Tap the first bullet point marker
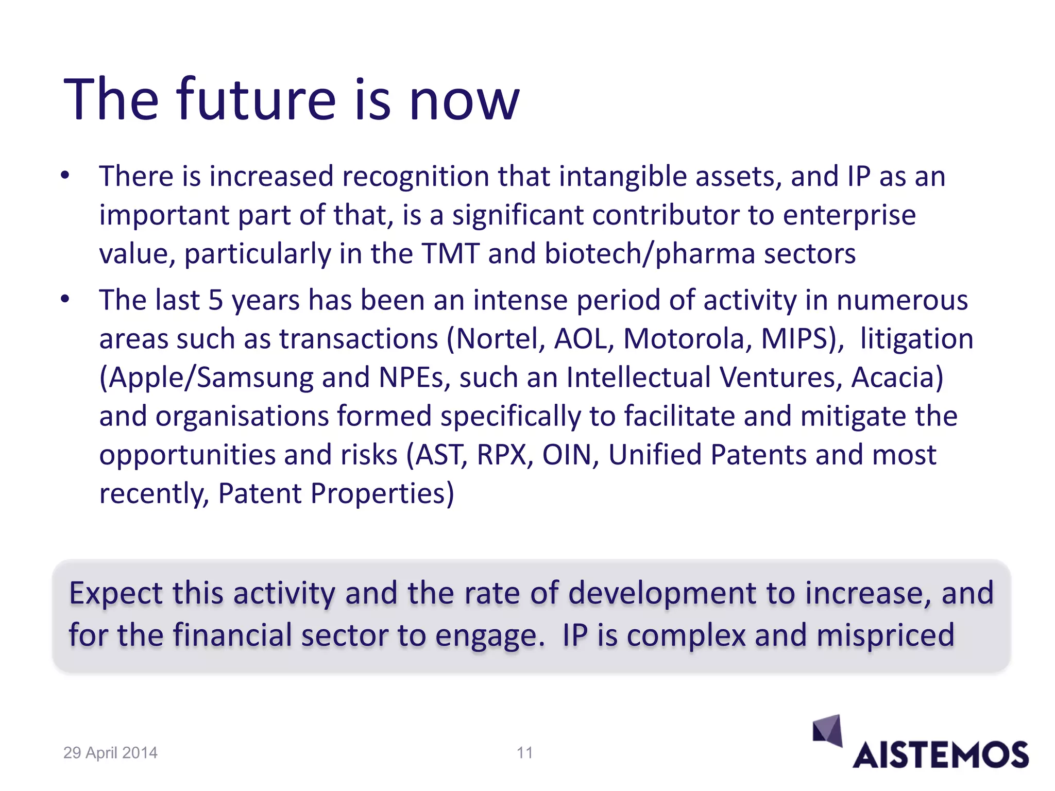(64, 176)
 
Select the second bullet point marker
(64, 299)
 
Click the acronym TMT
(451, 254)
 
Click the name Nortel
(497, 339)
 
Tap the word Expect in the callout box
(116, 593)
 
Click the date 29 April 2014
(110, 753)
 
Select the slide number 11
(524, 753)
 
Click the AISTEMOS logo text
(940, 755)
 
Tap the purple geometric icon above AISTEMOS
(827, 730)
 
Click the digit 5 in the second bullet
(215, 300)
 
